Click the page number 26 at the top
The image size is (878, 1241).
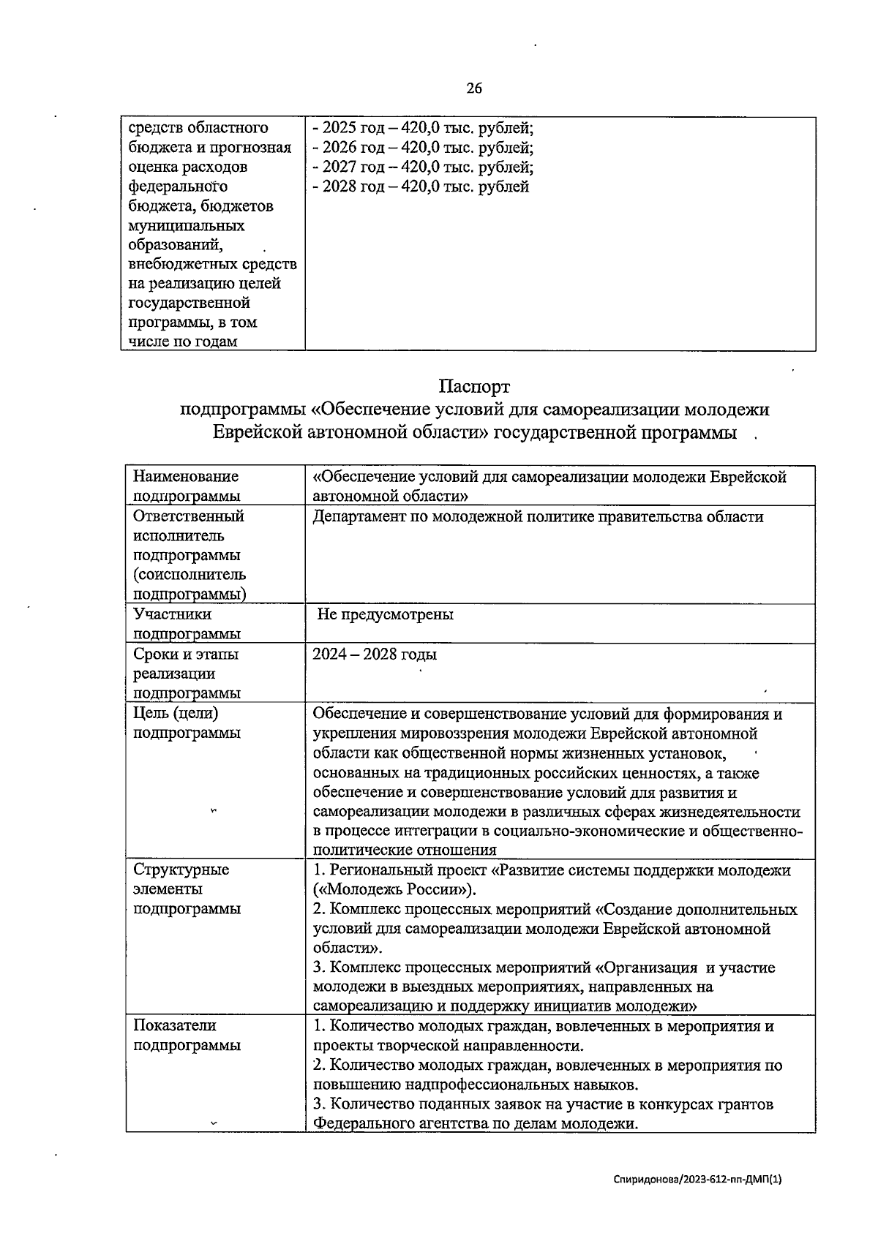[474, 88]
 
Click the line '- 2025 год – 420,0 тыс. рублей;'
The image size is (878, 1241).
[423, 128]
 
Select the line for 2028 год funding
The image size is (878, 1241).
[421, 186]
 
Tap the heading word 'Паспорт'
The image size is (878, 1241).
[474, 385]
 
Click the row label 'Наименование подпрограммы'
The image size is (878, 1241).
[186, 486]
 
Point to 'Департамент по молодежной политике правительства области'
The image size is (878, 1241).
[538, 517]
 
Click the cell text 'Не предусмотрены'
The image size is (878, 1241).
[385, 614]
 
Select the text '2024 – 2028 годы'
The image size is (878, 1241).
[375, 654]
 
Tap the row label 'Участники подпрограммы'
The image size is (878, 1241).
[186, 624]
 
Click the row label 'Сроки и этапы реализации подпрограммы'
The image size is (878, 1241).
[186, 674]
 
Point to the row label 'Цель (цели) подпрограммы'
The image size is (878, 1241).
[186, 723]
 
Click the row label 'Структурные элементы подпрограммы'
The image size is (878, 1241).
[186, 889]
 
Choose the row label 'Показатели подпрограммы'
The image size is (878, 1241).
[186, 1036]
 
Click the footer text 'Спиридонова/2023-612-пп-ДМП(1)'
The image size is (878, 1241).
[698, 1180]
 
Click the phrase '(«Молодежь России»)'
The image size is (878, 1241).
[394, 890]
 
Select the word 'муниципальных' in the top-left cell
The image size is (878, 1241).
[187, 225]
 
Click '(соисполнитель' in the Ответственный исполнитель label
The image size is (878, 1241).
[190, 575]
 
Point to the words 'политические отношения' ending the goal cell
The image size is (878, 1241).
[405, 850]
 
